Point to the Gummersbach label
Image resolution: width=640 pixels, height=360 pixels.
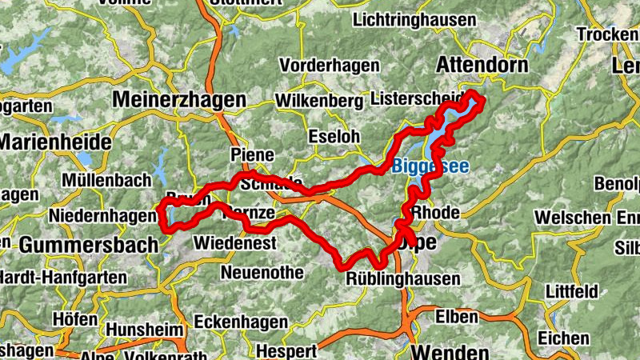(88, 245)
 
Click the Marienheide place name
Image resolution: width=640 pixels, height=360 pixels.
(54, 142)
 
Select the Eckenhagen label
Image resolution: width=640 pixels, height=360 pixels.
(241, 322)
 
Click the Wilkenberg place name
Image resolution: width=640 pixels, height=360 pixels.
(318, 101)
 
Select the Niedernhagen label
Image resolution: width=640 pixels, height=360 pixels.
(101, 216)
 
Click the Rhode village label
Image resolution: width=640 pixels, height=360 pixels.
(437, 213)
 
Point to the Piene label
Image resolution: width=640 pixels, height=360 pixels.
(251, 154)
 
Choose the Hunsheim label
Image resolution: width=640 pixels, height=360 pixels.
(145, 329)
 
